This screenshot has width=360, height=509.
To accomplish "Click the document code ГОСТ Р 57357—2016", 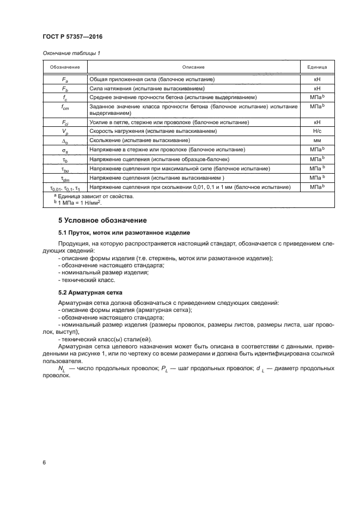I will click(x=72, y=36).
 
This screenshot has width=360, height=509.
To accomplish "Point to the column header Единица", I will click(x=317, y=67).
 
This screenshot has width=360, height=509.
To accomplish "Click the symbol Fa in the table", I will click(x=65, y=79).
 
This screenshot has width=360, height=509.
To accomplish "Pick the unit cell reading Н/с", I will click(x=317, y=132).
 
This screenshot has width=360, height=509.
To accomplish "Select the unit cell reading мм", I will click(x=317, y=140).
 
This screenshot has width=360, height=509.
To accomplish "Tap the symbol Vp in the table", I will click(x=65, y=132).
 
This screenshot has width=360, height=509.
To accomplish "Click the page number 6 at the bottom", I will click(x=44, y=462).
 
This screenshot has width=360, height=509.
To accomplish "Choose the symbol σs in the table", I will click(x=65, y=149).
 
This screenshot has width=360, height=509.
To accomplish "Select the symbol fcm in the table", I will click(x=65, y=107).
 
